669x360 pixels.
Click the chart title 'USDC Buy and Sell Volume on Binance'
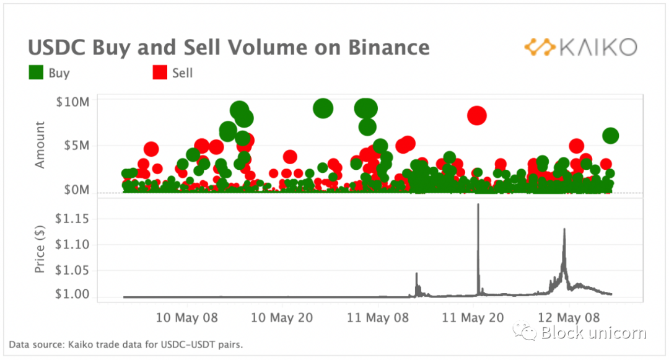[229, 48]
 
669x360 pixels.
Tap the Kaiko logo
[580, 47]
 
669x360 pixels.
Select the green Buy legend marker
[36, 73]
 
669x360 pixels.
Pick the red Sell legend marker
[160, 73]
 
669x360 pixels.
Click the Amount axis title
[40, 145]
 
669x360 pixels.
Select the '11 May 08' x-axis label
[378, 317]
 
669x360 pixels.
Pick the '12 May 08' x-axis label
[569, 317]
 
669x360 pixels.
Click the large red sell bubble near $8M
[477, 115]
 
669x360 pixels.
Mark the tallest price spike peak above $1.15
[478, 204]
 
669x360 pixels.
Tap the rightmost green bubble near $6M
[611, 136]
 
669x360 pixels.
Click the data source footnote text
[126, 344]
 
